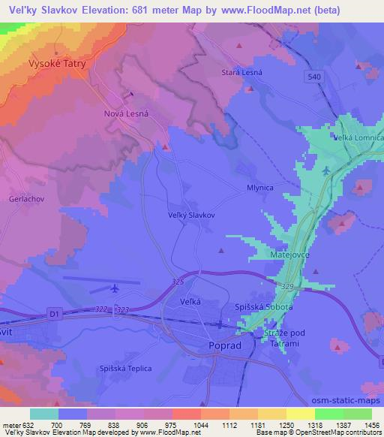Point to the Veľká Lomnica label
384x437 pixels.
pos(358,137)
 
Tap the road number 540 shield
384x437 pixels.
pos(314,77)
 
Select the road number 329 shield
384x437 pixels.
pos(289,287)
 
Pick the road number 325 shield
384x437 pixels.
pos(176,282)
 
